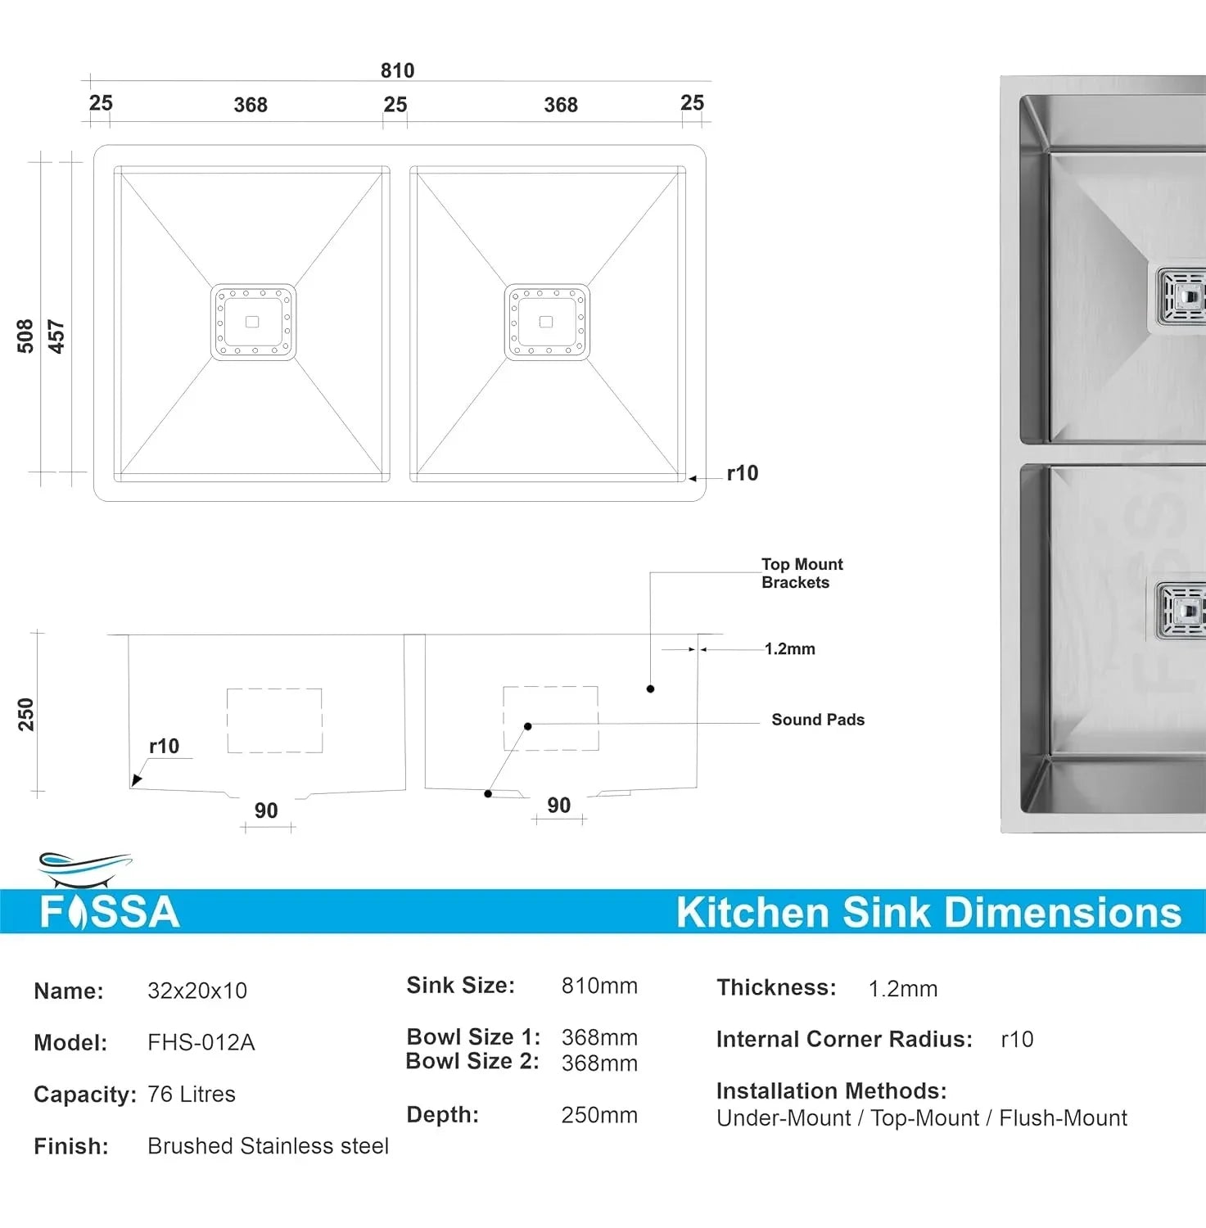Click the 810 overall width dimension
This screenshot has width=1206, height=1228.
pyautogui.click(x=397, y=70)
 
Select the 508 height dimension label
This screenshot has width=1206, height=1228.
pyautogui.click(x=25, y=336)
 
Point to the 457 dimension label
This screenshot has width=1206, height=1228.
pyautogui.click(x=56, y=336)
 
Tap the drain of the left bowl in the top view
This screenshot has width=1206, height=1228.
pyautogui.click(x=253, y=322)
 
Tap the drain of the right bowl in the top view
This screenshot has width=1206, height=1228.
pyautogui.click(x=547, y=322)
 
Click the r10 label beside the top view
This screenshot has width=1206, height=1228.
pyautogui.click(x=742, y=473)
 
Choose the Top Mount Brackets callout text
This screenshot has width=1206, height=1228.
pyautogui.click(x=801, y=573)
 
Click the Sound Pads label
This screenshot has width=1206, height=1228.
pyautogui.click(x=817, y=720)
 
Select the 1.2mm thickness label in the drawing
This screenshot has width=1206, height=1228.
pyautogui.click(x=789, y=649)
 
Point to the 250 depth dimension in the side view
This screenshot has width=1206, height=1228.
pyautogui.click(x=26, y=714)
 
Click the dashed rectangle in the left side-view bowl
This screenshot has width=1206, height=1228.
pyautogui.click(x=274, y=720)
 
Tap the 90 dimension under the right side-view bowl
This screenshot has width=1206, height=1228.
pyautogui.click(x=558, y=806)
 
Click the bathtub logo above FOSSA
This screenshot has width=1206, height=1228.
pyautogui.click(x=84, y=869)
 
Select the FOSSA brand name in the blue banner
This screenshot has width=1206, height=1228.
pyautogui.click(x=110, y=912)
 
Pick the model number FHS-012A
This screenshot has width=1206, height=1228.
pyautogui.click(x=201, y=1043)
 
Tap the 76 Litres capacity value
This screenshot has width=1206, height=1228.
pyautogui.click(x=192, y=1095)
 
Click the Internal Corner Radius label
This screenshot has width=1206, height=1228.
pyautogui.click(x=844, y=1040)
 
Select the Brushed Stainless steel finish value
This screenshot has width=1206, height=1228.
pyautogui.click(x=268, y=1146)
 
